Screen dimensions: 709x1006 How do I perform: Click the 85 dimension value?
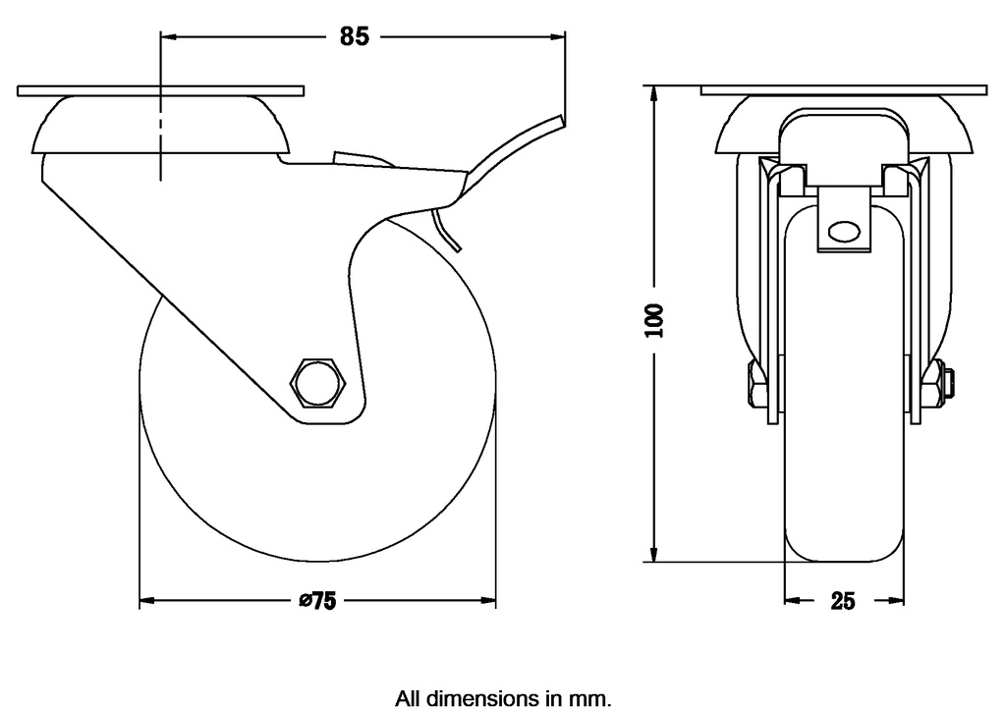[x=354, y=36]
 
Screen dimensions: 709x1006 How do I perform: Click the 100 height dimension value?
[x=655, y=320]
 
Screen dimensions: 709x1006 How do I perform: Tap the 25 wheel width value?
[x=843, y=601]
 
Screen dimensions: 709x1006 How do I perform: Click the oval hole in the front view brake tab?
[x=842, y=233]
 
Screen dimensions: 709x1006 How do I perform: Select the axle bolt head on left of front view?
[x=755, y=384]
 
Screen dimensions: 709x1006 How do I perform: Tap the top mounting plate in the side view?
[x=162, y=91]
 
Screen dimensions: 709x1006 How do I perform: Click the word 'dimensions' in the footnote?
[x=476, y=699]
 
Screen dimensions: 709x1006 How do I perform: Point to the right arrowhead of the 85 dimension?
[x=560, y=36]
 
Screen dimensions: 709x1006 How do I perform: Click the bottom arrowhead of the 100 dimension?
[x=654, y=555]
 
